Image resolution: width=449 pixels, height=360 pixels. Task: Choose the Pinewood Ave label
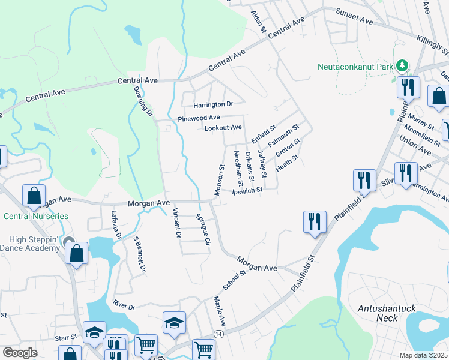[199, 118]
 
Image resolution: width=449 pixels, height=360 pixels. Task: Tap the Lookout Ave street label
[223, 128]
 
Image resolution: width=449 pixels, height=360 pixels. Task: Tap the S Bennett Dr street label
[139, 254]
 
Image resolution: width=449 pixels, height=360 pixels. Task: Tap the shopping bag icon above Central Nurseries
[34, 196]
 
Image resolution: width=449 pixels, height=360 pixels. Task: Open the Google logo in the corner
[20, 353]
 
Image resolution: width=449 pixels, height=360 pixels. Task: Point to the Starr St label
[67, 338]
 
